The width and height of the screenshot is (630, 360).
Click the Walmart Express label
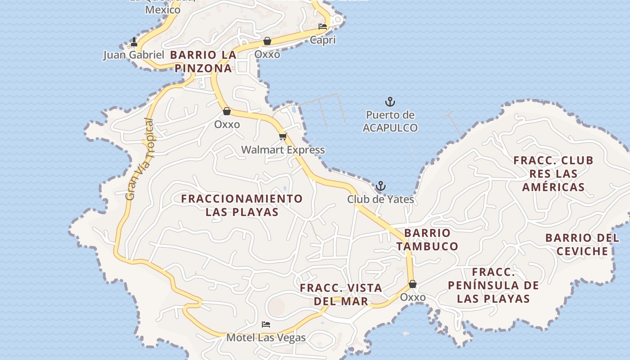[x=283, y=150]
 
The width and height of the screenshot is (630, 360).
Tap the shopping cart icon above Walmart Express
[x=283, y=136]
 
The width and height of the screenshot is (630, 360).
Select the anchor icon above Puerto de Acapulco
[x=390, y=102]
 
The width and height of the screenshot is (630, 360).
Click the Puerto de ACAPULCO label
[x=390, y=121]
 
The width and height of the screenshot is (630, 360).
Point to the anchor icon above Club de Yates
[x=381, y=186]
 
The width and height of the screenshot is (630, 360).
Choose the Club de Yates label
[x=380, y=199]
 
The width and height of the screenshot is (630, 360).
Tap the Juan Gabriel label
[x=134, y=55]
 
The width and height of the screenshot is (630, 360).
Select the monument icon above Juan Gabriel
[x=134, y=42]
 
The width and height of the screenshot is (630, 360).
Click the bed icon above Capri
[x=323, y=27]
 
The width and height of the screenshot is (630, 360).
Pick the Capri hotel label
[x=323, y=40]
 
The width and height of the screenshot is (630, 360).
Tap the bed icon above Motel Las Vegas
[x=266, y=324]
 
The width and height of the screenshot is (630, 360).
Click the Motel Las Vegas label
[x=266, y=337]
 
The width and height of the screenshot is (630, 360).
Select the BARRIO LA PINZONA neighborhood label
[x=203, y=62]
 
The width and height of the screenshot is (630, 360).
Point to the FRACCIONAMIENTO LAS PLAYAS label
[x=242, y=205]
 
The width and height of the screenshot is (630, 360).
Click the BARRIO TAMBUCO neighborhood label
[x=427, y=239]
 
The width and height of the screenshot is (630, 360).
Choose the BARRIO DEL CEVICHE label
[x=582, y=244]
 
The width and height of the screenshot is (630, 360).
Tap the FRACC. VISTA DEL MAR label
[x=341, y=294]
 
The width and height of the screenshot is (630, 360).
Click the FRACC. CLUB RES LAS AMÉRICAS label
[x=553, y=173]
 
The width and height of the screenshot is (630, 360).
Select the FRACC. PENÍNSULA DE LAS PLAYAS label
[x=493, y=285]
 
